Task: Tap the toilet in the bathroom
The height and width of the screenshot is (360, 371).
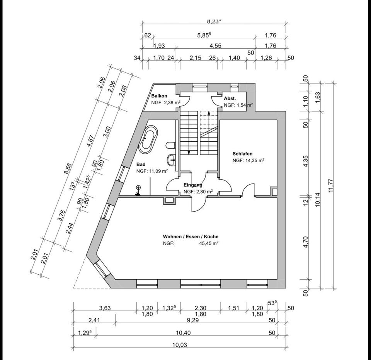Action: point(170,146)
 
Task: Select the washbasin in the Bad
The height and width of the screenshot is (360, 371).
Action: point(172,158)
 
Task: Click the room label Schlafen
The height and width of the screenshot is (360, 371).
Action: point(242,154)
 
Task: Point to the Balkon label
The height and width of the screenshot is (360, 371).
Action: point(159,96)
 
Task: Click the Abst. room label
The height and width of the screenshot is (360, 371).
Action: point(230,98)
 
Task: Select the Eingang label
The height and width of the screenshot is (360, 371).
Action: point(193,185)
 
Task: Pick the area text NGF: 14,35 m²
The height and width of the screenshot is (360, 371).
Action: point(248,160)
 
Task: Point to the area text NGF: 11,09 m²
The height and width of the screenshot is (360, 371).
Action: point(152,171)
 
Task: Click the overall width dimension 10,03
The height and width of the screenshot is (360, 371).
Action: point(180,345)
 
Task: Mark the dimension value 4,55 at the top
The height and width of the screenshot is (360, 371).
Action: point(215,46)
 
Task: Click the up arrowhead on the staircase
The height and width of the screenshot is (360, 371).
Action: point(209,113)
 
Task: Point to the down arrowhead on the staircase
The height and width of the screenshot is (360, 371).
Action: point(189,153)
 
